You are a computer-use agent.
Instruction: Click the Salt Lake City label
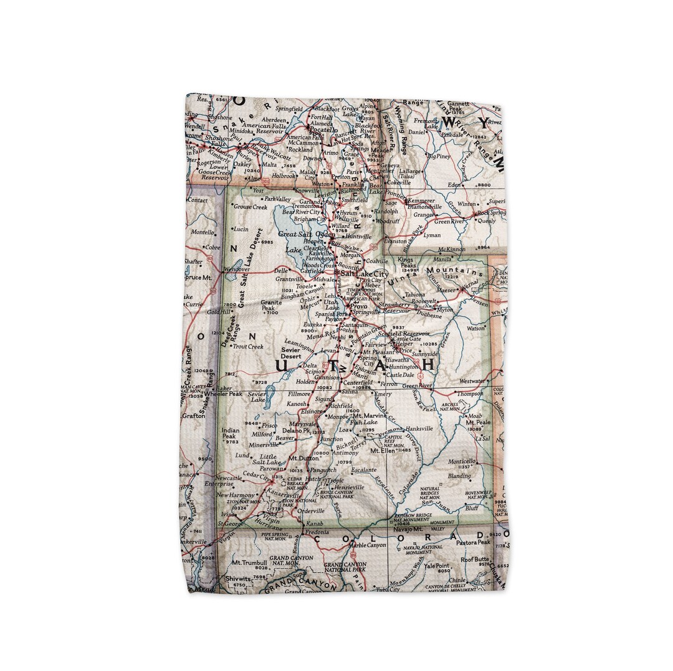pyautogui.click(x=365, y=274)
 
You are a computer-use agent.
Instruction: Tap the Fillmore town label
pyautogui.click(x=298, y=394)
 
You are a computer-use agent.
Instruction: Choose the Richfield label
pyautogui.click(x=340, y=405)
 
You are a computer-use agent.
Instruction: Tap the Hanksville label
pyautogui.click(x=418, y=429)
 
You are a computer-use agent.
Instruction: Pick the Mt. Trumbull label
pyautogui.click(x=249, y=562)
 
